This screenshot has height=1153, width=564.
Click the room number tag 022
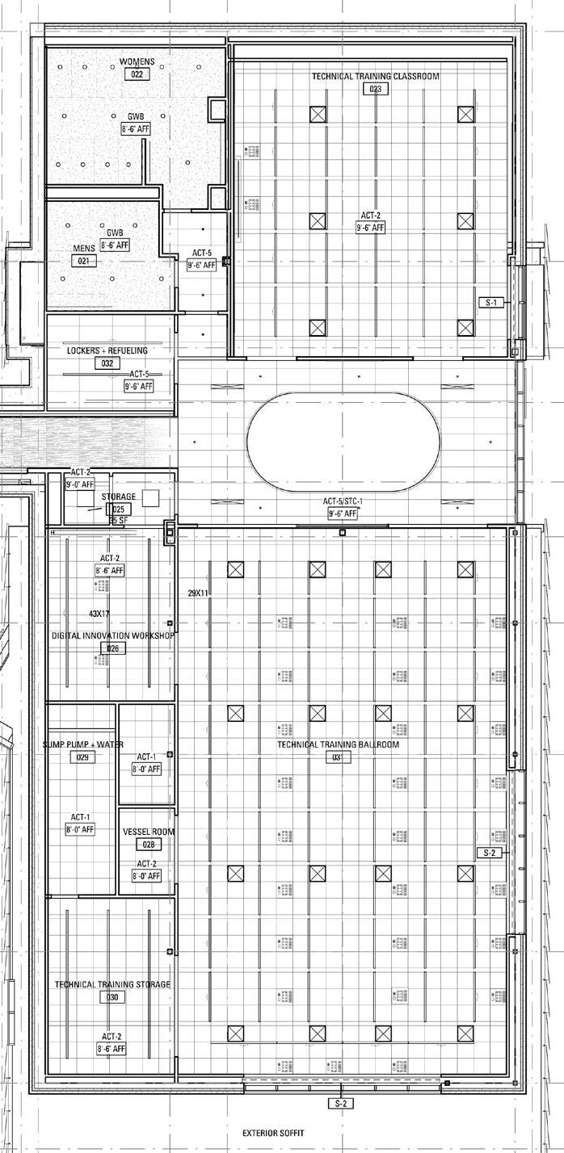[137, 74]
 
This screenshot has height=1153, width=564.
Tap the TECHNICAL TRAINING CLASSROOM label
[376, 77]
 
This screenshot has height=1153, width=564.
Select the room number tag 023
[376, 89]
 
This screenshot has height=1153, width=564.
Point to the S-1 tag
[491, 303]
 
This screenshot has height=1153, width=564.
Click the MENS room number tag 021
[83, 261]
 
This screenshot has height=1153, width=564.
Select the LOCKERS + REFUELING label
[107, 351]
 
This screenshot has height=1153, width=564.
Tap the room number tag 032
[107, 363]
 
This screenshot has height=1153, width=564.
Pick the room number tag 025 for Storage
[119, 509]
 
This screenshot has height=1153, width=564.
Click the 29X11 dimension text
[199, 593]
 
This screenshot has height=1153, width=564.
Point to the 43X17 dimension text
[99, 614]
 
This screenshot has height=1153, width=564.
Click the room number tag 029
[82, 757]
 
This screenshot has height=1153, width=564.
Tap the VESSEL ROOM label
[148, 832]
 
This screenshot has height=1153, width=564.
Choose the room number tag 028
[148, 845]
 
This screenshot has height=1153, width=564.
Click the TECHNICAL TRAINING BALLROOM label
[339, 744]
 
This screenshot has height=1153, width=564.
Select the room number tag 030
[112, 997]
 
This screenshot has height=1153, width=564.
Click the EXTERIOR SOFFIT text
[274, 1134]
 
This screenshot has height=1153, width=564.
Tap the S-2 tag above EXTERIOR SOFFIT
[340, 1103]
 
